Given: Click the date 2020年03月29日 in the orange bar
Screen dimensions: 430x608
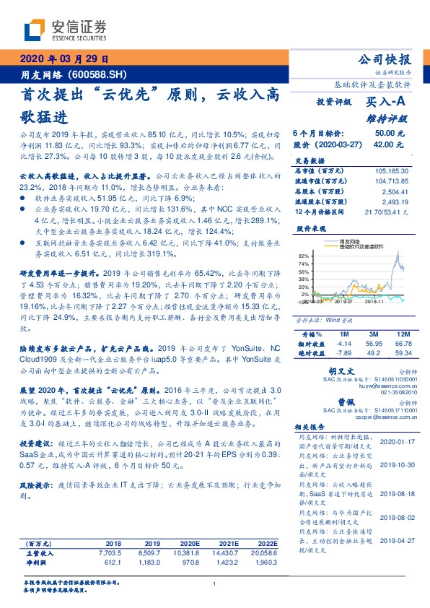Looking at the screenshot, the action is tap(63, 60).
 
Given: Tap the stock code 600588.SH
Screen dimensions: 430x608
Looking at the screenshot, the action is tap(97, 75).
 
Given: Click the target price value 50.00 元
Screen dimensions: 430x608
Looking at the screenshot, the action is tap(390, 134).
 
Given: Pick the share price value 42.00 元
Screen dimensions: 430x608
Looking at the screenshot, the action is tap(390, 144).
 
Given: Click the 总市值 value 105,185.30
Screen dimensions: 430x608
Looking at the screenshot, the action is tap(390, 171).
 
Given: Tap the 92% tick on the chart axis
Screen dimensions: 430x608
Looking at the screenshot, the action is tap(304, 256).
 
